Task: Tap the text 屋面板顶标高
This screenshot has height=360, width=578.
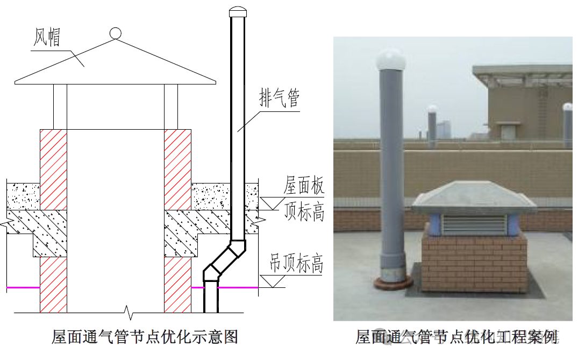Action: pos(304,199)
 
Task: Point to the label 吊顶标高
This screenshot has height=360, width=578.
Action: pos(297,264)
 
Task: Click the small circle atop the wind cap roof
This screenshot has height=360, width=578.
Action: pos(116,33)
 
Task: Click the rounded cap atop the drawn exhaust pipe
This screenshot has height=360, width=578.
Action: pos(237,12)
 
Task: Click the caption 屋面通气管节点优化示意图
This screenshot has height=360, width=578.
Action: pos(145,337)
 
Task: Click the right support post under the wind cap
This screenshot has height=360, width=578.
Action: pos(170,106)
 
